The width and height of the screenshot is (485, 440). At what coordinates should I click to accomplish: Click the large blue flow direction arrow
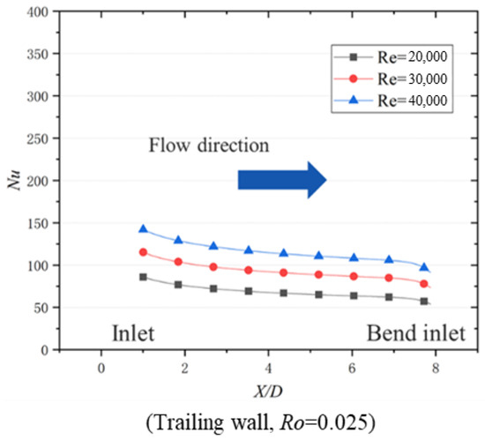pyautogui.click(x=282, y=180)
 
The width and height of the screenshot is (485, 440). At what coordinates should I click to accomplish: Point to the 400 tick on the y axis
pyautogui.click(x=39, y=12)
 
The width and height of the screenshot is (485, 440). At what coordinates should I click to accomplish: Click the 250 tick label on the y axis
pyautogui.click(x=39, y=138)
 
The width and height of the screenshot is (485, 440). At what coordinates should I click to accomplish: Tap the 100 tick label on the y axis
pyautogui.click(x=39, y=265)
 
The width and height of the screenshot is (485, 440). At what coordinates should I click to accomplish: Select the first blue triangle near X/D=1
pyautogui.click(x=143, y=229)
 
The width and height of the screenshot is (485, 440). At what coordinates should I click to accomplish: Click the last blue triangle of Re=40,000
pyautogui.click(x=424, y=267)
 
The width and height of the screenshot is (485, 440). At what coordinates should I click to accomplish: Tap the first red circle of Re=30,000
pyautogui.click(x=143, y=252)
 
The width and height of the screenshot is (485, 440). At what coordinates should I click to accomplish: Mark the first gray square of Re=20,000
pyautogui.click(x=143, y=277)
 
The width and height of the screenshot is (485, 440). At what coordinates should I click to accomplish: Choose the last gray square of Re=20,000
pyautogui.click(x=424, y=301)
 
